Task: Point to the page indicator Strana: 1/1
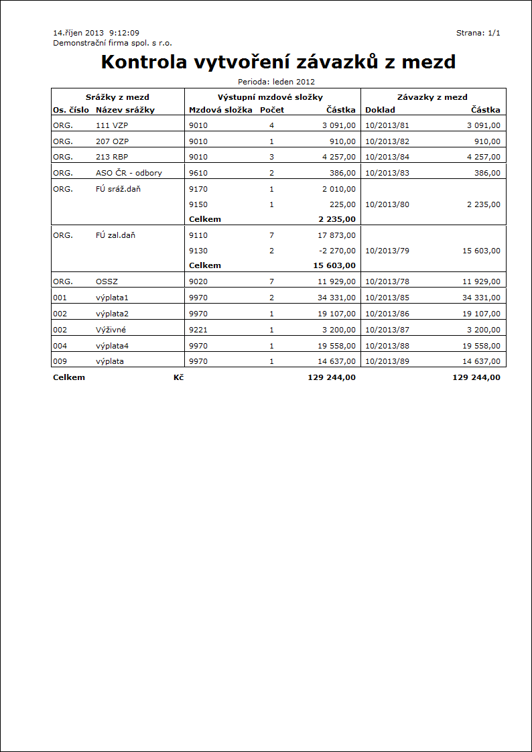[x=478, y=33]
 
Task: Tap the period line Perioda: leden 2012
[x=276, y=82]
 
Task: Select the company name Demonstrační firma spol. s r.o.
[x=113, y=42]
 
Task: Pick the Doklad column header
[x=380, y=110]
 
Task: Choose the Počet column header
[x=272, y=110]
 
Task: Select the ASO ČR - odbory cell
[x=129, y=172]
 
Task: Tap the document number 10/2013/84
[x=387, y=157]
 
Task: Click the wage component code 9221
[x=198, y=330]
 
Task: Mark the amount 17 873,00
[x=334, y=235]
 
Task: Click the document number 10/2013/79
[x=387, y=251]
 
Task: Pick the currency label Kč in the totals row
[x=178, y=377]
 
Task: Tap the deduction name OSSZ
[x=108, y=282]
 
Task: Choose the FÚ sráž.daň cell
[x=119, y=189]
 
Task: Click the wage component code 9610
[x=198, y=172]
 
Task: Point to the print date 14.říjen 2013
[x=78, y=33]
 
